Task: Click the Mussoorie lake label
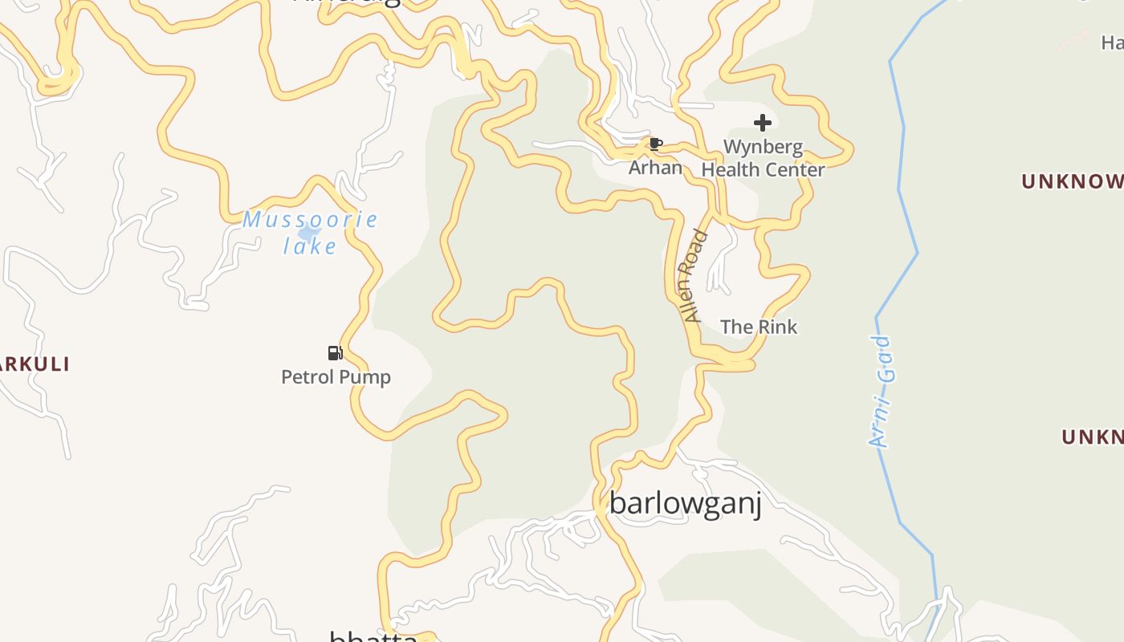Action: coord(310,232)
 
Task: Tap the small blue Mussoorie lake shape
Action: coord(307,234)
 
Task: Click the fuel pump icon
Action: coord(335,352)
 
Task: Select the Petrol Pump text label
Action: coord(336,376)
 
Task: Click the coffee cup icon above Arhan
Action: coord(655,144)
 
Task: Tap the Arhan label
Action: coord(655,168)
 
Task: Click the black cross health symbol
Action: coord(762,123)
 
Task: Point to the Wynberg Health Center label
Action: coord(763,158)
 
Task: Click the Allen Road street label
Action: coord(692,276)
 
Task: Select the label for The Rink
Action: coord(759,327)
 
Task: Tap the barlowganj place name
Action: coord(685,503)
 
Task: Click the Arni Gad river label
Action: coord(881,391)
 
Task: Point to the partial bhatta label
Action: coord(373,637)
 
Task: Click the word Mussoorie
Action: coord(310,219)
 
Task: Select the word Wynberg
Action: coord(763,147)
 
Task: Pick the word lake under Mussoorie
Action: coord(310,246)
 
